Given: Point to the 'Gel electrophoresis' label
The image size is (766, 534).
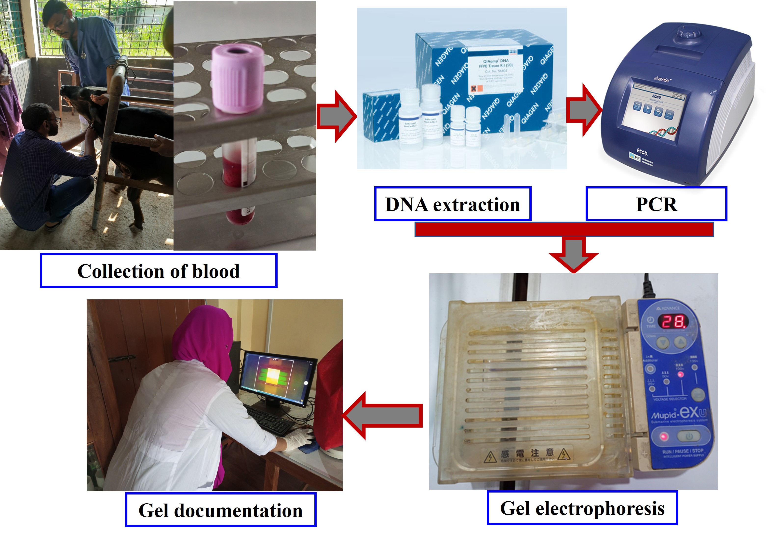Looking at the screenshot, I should (582, 508).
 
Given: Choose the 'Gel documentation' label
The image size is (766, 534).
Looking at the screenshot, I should (221, 510).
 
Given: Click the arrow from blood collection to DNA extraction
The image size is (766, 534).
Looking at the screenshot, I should (336, 116).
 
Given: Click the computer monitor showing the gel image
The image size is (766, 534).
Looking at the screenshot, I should (279, 377).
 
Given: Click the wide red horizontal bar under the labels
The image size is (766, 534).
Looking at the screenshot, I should (564, 229).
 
